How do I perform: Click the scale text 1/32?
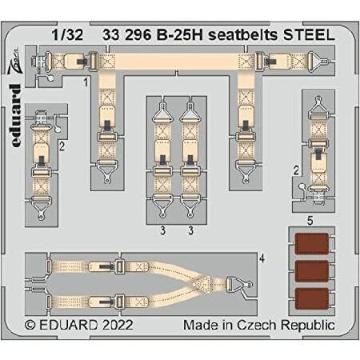click(x=67, y=35)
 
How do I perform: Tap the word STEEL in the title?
click(x=309, y=35)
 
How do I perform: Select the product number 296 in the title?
click(x=138, y=35)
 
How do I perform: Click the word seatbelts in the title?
click(x=243, y=35)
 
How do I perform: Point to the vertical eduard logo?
click(x=15, y=115)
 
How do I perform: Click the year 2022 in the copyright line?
click(x=118, y=325)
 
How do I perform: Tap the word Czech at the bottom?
click(x=257, y=325)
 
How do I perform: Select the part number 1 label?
click(x=86, y=82)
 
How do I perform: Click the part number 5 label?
click(x=310, y=221)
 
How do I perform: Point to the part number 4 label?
click(x=262, y=258)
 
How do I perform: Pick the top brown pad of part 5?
click(x=312, y=243)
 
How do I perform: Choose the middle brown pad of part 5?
click(x=312, y=271)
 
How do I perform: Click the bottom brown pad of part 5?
click(x=312, y=298)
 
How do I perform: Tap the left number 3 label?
click(x=163, y=230)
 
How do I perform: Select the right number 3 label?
click(x=190, y=230)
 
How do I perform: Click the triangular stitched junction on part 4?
click(x=202, y=284)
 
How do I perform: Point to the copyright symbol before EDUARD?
click(x=30, y=325)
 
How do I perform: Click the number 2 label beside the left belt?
click(x=62, y=146)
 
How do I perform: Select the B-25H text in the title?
click(x=180, y=35)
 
